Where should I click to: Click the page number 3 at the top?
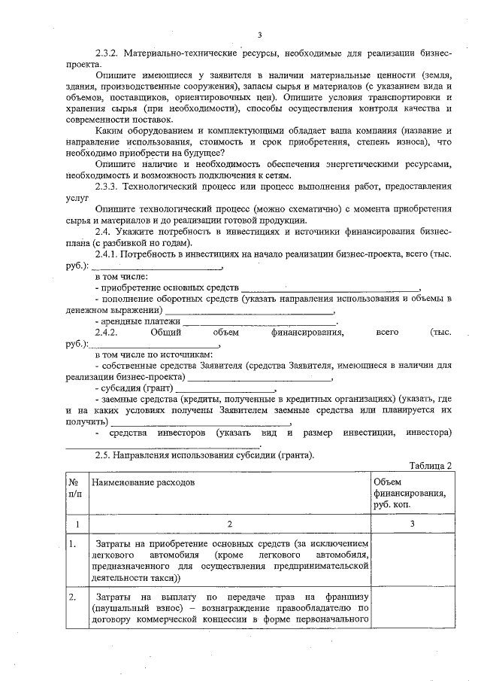point(259,35)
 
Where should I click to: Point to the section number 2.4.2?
point(110,330)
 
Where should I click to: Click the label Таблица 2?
point(431,466)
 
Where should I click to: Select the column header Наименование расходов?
point(143,480)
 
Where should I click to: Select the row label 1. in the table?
point(73,543)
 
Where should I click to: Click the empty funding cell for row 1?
point(413,560)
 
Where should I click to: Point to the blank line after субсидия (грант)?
point(226,390)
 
